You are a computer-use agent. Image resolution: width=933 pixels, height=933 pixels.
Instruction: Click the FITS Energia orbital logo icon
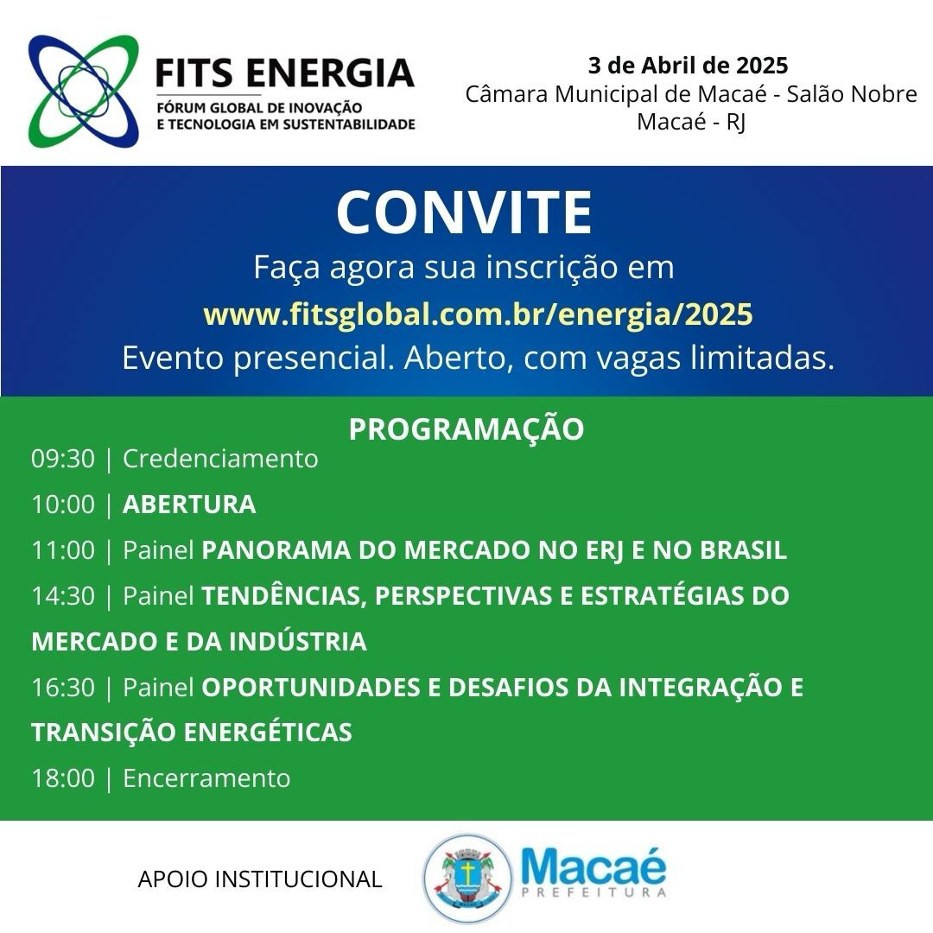point(83,91)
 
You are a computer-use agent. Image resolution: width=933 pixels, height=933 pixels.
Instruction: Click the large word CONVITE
point(465,213)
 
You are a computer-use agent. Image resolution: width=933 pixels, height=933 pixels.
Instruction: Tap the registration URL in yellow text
point(478,314)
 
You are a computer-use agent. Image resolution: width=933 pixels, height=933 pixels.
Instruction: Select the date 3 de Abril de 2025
point(688,66)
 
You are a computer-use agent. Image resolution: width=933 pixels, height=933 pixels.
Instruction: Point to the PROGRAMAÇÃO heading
point(466,428)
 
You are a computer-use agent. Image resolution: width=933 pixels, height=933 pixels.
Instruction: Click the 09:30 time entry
point(63,459)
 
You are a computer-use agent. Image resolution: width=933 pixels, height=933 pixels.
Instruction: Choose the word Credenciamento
point(220,459)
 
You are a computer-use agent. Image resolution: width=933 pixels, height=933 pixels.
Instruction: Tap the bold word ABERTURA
point(189,505)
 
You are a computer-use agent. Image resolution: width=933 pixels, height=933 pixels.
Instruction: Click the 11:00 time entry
point(63,550)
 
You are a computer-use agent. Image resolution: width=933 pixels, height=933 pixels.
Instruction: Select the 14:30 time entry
point(63,595)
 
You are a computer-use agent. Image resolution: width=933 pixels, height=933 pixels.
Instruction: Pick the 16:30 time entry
point(63,688)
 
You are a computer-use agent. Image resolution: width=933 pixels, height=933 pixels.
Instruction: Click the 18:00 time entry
point(63,778)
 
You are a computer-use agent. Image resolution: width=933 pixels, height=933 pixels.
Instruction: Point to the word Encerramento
point(206,778)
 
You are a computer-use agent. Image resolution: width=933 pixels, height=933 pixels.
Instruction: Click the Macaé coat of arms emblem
point(467,878)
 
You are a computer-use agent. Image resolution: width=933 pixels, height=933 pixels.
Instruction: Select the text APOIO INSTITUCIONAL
point(259,879)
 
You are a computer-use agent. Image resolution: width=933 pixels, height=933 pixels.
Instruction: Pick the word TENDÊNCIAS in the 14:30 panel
point(284,596)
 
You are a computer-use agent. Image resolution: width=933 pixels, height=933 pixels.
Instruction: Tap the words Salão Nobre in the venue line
point(852,94)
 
